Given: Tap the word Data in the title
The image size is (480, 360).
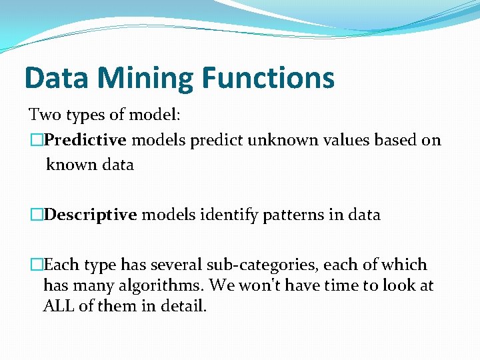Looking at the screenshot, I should coord(56,77).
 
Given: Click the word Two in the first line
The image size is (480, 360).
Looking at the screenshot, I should coord(45,115).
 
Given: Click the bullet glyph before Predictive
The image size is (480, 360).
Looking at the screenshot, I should coord(37,140).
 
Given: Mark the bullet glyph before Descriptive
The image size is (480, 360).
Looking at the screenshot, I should coord(37,215).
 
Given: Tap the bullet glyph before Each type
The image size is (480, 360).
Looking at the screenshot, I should coord(37,265).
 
